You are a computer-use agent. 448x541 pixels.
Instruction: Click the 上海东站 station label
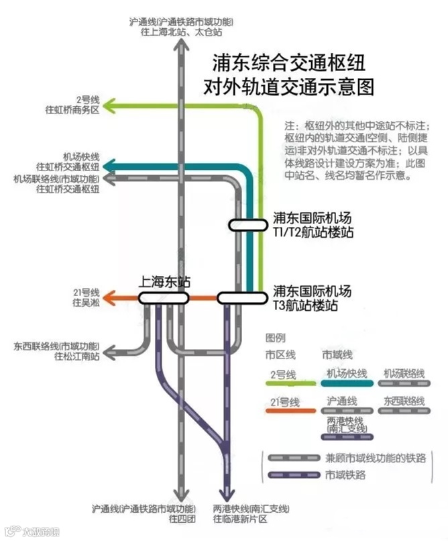[164, 283]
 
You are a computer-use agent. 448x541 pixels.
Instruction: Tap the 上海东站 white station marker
[164, 297]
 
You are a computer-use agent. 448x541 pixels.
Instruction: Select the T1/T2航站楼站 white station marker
[247, 226]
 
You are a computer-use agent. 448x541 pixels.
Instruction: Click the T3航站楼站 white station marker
[241, 297]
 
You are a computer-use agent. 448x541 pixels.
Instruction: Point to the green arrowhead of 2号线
[109, 105]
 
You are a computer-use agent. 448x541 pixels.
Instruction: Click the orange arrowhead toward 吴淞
[109, 297]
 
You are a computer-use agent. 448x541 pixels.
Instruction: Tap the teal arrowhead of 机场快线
[109, 166]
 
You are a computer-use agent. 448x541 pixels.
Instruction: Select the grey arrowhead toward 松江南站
[110, 350]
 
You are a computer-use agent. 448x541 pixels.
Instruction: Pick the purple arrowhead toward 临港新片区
[227, 495]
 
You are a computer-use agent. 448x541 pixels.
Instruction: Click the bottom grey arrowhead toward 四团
[180, 495]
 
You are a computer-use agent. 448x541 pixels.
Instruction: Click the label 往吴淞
[86, 303]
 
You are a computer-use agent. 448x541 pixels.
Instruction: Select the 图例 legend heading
[276, 337]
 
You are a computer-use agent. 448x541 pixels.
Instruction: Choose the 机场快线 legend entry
[347, 374]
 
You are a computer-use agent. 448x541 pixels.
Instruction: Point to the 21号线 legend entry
[284, 401]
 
